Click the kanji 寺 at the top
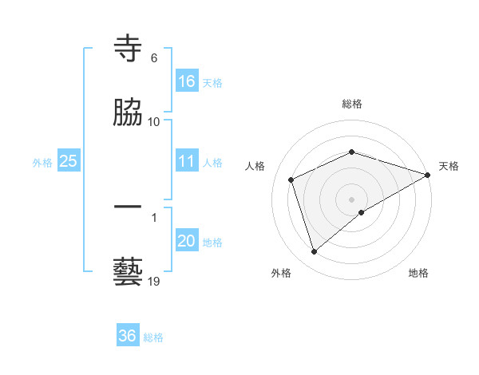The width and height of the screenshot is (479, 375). [x=129, y=49]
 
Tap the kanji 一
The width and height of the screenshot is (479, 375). [x=129, y=207]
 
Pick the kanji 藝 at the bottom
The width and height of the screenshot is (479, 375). [x=129, y=271]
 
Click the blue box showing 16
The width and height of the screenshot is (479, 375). [x=187, y=81]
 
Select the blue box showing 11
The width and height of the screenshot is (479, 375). [x=187, y=162]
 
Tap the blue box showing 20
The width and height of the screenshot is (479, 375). [x=187, y=242]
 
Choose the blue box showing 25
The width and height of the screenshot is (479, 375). [x=69, y=162]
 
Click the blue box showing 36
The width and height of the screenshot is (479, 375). [x=128, y=337]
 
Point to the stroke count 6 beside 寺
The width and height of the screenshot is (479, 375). [x=154, y=58]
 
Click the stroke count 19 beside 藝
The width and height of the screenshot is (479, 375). [x=154, y=281]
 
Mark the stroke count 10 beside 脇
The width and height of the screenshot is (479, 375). [x=154, y=121]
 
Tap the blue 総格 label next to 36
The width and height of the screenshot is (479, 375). [x=153, y=337]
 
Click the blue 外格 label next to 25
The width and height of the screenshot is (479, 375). [x=42, y=163]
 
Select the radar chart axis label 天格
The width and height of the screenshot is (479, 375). [x=449, y=166]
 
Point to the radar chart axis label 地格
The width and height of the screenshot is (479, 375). [x=418, y=273]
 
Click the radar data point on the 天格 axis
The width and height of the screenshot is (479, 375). [x=428, y=174]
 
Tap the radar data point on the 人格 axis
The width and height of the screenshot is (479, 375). [x=291, y=180]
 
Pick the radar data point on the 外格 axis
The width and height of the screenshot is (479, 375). [x=314, y=252]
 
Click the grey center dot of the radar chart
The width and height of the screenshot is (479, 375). [x=352, y=199]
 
